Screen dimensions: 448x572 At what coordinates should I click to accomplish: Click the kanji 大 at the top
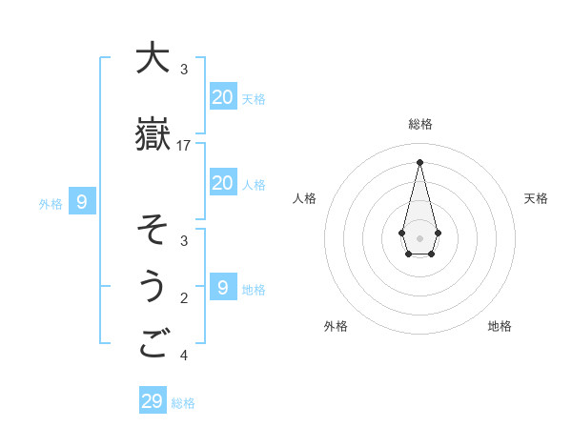click(153, 58)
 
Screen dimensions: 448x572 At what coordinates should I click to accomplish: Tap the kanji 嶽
click(153, 134)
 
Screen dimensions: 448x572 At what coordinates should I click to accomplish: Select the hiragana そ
click(153, 230)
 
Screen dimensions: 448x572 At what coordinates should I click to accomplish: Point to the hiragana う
click(153, 287)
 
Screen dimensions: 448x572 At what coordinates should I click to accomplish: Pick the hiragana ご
click(153, 344)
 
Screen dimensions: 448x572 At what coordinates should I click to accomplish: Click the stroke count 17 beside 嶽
click(184, 145)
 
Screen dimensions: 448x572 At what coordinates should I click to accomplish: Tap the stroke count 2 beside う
click(184, 298)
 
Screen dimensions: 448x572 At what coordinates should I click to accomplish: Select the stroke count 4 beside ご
click(184, 356)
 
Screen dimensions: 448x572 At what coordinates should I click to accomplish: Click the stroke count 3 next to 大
click(184, 70)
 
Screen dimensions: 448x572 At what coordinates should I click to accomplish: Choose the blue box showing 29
click(153, 401)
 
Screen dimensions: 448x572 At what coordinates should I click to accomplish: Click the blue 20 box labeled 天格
click(222, 97)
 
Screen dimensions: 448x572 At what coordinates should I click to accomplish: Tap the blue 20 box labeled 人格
click(222, 183)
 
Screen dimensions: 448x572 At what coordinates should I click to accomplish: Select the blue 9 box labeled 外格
click(82, 202)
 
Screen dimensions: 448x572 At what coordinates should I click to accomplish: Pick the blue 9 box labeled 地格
click(222, 288)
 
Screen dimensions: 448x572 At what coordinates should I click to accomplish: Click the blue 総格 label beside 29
click(183, 403)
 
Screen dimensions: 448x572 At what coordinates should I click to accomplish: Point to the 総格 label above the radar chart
click(420, 124)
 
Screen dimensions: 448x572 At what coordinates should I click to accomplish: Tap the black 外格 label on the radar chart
click(336, 326)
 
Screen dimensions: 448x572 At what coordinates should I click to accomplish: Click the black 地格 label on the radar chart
click(500, 326)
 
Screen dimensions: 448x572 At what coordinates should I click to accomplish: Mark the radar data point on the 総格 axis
click(420, 162)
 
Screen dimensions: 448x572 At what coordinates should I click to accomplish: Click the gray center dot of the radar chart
click(420, 237)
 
